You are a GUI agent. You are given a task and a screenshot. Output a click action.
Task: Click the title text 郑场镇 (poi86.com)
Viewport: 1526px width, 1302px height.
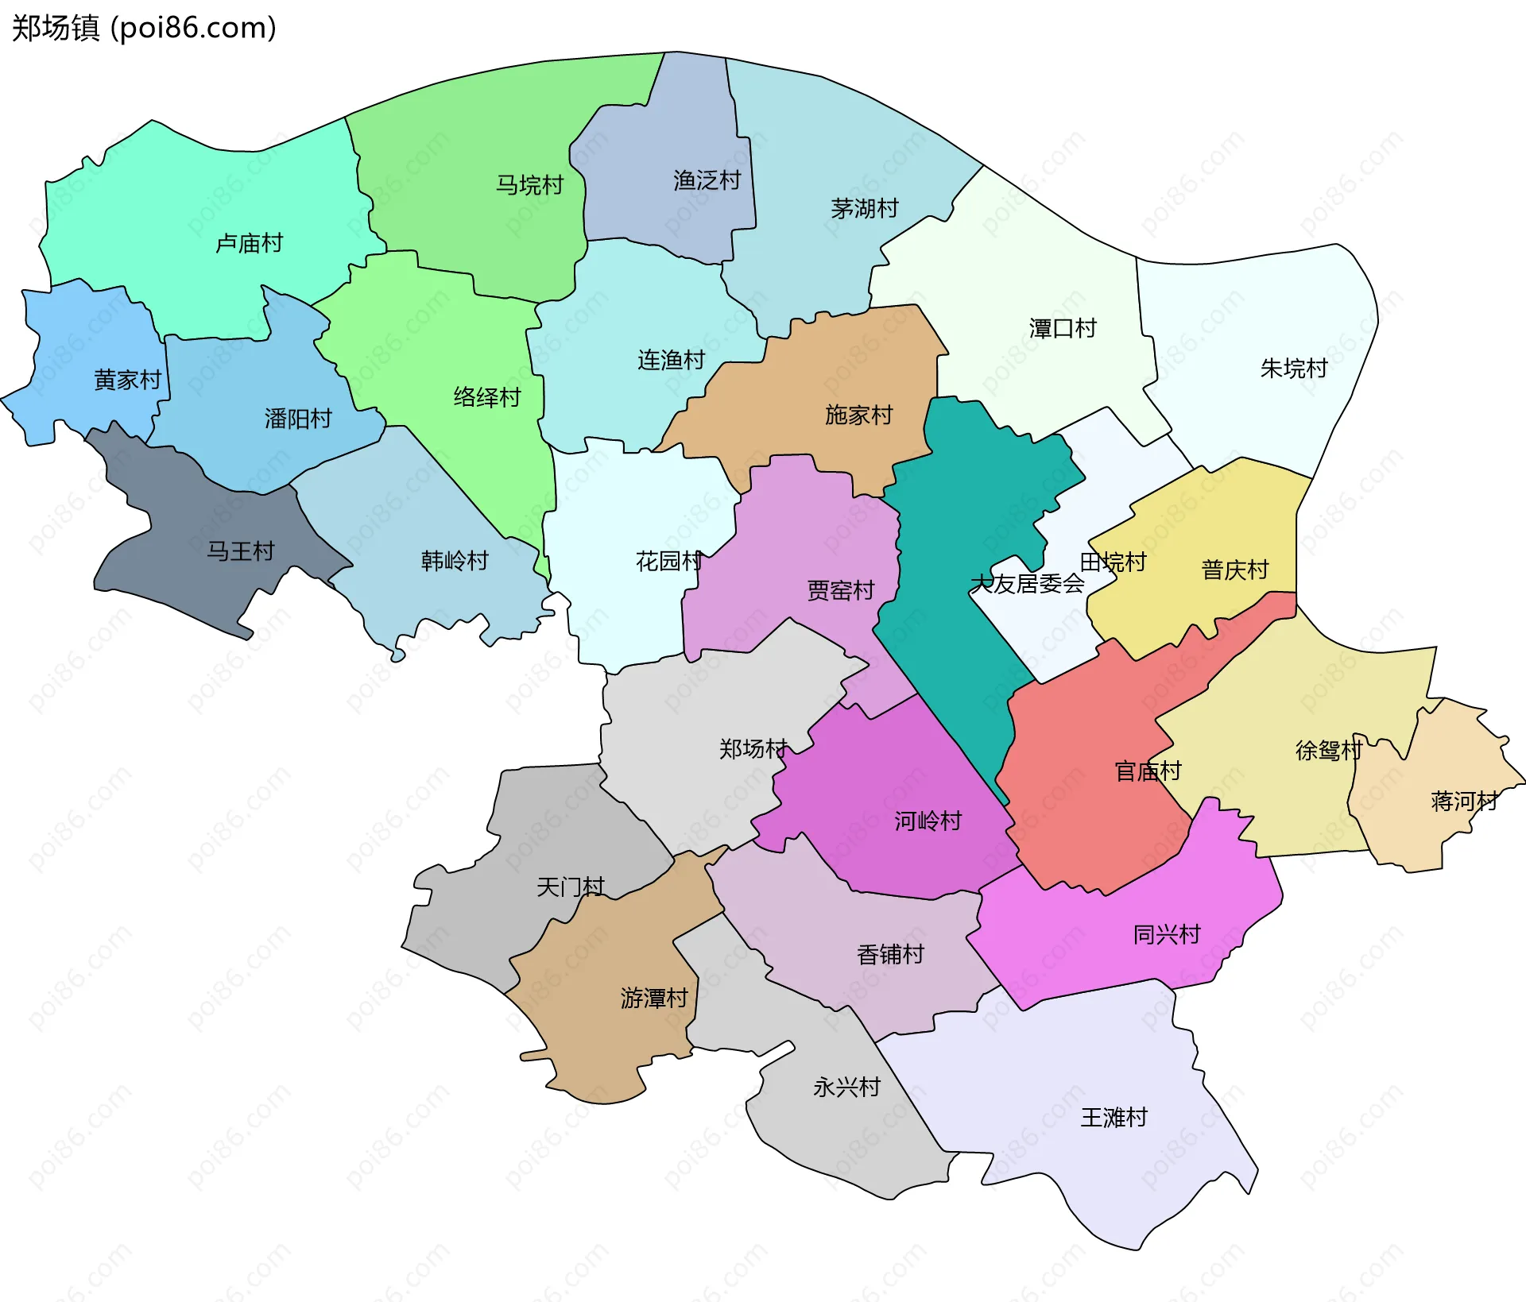coord(144,28)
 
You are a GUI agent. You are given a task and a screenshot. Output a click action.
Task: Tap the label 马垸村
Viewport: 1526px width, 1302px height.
coord(529,185)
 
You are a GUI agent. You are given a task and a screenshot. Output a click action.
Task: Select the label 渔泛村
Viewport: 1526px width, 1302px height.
coord(707,180)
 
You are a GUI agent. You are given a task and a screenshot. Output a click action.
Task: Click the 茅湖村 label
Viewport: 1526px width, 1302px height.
coord(864,209)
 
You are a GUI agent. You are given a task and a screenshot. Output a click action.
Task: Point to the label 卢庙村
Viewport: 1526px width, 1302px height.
coord(249,243)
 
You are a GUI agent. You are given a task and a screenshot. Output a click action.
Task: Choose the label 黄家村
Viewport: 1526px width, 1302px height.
coord(127,380)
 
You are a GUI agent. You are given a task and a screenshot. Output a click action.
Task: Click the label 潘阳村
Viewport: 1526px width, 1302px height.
coord(298,419)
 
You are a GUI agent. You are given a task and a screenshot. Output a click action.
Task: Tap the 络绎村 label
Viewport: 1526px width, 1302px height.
coord(486,397)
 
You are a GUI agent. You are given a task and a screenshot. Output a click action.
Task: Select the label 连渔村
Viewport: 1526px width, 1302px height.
coord(671,360)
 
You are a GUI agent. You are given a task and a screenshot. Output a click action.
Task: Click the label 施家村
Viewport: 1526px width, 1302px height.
coord(858,415)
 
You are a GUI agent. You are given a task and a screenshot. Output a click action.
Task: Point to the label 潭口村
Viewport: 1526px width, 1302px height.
coord(1063,328)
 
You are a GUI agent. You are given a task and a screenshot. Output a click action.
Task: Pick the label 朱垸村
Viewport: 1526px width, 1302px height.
coord(1294,369)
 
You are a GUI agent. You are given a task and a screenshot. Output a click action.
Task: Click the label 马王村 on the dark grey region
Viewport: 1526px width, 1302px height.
coord(240,551)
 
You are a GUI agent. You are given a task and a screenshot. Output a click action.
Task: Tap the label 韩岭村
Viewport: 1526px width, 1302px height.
coord(454,561)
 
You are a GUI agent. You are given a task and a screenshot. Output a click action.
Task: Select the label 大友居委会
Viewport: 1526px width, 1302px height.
coord(1027,584)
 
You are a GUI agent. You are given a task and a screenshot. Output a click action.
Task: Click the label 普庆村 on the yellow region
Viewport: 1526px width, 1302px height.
coord(1234,570)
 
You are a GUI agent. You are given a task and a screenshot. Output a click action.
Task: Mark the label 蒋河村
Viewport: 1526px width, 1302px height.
coord(1464,801)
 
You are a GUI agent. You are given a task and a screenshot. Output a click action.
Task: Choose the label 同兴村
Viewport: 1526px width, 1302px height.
coord(1166,934)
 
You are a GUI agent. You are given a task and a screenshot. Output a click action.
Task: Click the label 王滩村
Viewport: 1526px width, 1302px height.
coord(1114,1118)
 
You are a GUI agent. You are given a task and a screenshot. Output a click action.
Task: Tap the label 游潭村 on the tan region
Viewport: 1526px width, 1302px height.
coord(653,998)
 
